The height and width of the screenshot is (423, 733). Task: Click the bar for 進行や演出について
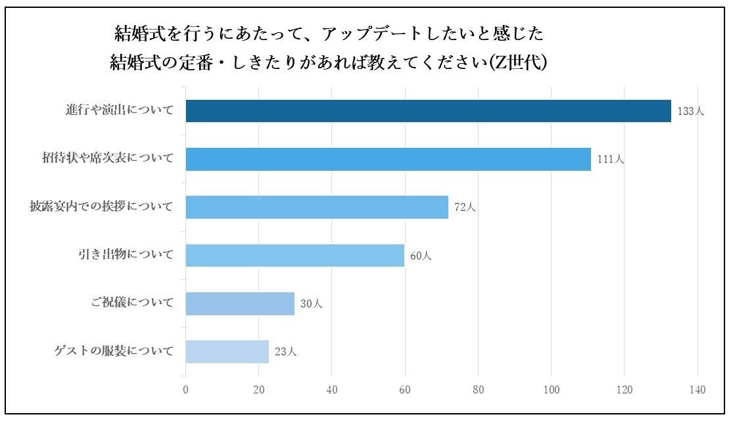[428, 111]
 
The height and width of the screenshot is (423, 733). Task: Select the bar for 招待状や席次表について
[388, 159]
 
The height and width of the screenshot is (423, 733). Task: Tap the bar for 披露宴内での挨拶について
[317, 207]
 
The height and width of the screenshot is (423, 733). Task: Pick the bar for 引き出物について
[295, 255]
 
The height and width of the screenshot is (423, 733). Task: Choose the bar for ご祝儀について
[240, 303]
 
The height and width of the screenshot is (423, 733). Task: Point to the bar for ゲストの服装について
[227, 351]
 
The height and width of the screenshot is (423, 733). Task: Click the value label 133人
[690, 112]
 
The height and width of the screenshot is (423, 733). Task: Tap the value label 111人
[610, 160]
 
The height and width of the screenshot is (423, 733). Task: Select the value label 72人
[465, 208]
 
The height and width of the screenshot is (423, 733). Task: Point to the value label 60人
[421, 256]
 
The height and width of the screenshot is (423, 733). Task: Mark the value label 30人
[312, 304]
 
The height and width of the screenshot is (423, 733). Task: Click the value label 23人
[286, 352]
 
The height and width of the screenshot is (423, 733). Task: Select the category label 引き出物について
[126, 255]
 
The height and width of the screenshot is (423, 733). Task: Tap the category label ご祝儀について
[133, 303]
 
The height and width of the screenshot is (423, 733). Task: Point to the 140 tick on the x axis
[697, 390]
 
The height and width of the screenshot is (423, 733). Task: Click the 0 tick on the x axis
[186, 390]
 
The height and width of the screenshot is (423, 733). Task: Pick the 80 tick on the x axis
[478, 390]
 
